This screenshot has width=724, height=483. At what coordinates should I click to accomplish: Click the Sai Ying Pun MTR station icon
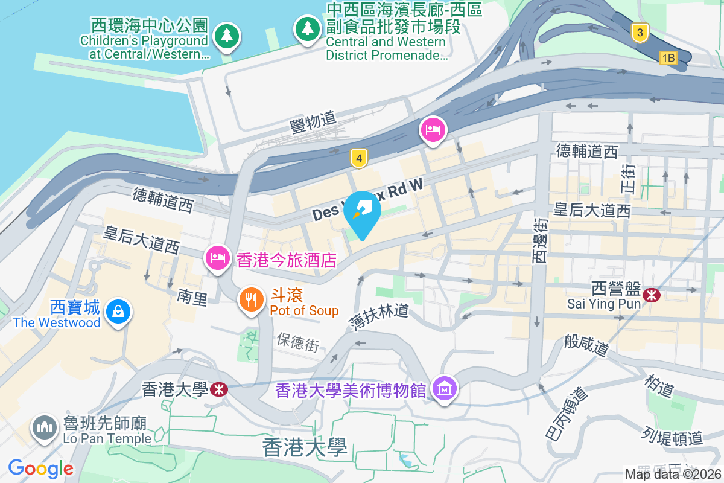(x=652, y=295)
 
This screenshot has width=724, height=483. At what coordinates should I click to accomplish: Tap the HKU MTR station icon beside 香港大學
(x=220, y=389)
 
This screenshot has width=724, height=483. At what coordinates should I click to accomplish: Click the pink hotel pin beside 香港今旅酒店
(x=217, y=258)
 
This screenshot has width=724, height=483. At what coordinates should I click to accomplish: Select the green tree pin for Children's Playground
(x=226, y=35)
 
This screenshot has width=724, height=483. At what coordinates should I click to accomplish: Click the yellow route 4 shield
(x=359, y=159)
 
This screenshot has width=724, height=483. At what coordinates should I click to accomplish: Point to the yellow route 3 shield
(x=640, y=32)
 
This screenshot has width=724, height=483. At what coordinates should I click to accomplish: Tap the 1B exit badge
(x=668, y=58)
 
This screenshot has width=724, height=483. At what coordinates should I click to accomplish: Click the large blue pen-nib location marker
(x=362, y=211)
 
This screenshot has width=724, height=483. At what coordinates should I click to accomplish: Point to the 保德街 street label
(x=297, y=342)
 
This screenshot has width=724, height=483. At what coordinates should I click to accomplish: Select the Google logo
(x=40, y=469)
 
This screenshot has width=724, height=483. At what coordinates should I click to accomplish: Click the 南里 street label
(x=192, y=296)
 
